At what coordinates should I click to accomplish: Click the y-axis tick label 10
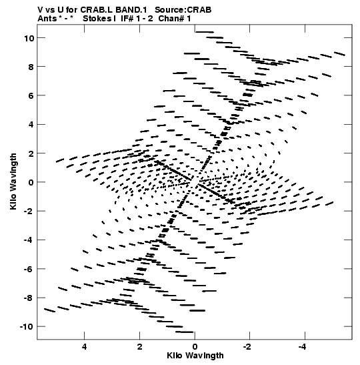pos(29,38)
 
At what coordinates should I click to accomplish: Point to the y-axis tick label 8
pos(31,67)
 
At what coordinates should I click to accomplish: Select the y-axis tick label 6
pos(31,95)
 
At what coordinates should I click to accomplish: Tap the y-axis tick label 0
pos(31,182)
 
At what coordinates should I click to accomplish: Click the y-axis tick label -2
pos(29,211)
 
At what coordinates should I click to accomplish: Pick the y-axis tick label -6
pos(29,269)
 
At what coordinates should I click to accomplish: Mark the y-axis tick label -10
pos(27,326)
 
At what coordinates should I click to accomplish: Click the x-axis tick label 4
pos(84,347)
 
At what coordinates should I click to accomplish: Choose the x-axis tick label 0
pos(195,347)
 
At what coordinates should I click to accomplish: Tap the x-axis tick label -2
pos(248,347)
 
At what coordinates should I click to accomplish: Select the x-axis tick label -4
pos(303,347)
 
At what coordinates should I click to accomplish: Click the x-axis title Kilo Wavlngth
pos(195,356)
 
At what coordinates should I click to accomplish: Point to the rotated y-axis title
pos(13,181)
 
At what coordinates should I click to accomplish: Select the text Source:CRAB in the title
pos(183,10)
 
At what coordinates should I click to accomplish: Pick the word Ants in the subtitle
pos(47,19)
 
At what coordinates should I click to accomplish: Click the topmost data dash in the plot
pos(205,32)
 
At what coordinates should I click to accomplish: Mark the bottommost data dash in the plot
pos(185,332)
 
